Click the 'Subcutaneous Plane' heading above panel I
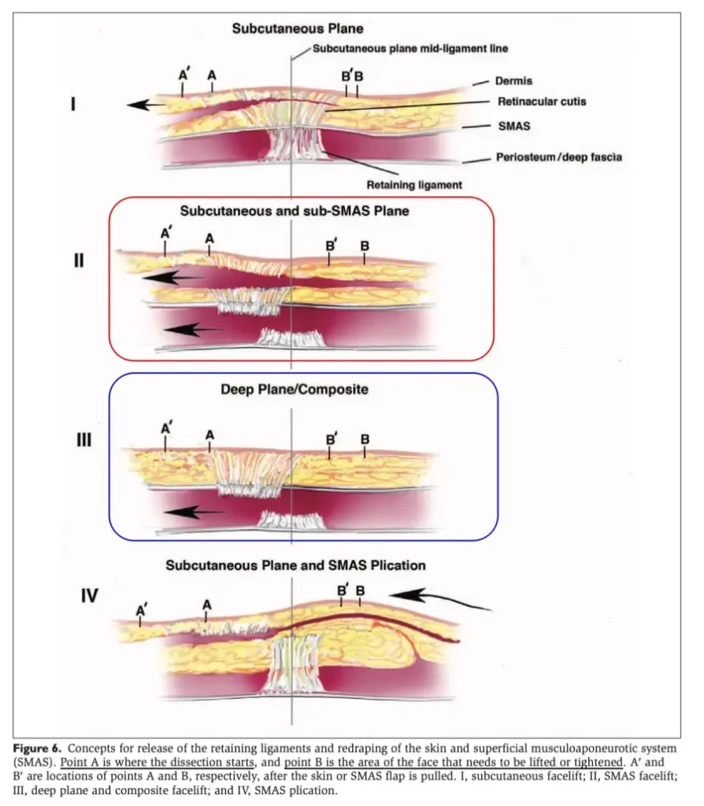point(297,29)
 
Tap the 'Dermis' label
point(514,81)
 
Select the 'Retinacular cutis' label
point(542,102)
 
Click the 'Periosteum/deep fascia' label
point(558,157)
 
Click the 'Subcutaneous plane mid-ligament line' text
point(409,48)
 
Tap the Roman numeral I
point(73,103)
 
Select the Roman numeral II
point(78,261)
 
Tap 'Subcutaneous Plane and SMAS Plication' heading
point(295,565)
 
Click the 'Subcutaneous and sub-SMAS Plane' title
point(295,211)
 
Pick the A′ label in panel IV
point(143,610)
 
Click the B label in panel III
point(365,438)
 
